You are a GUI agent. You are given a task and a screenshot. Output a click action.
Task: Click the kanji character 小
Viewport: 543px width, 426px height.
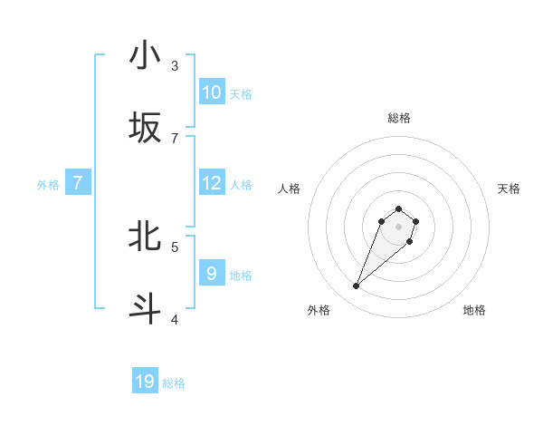point(145,56)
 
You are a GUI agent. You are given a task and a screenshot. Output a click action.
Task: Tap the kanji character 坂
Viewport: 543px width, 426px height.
point(145,128)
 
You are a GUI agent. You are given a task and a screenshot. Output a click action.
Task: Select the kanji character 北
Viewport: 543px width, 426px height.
point(145,237)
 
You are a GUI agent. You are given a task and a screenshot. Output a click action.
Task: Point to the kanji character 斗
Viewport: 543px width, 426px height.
point(145,309)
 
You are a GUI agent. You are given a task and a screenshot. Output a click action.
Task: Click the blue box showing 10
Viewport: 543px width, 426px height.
point(211,92)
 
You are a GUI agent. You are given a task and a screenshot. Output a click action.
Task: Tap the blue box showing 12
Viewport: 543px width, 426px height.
point(211,182)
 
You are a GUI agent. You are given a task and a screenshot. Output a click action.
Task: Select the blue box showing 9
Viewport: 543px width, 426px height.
point(211,273)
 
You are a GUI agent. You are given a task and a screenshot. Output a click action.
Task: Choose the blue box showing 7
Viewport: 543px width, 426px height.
point(78,182)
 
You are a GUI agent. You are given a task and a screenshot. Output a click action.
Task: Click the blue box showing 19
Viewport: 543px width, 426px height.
point(145,382)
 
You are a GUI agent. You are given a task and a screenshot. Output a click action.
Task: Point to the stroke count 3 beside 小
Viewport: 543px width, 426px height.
point(175,65)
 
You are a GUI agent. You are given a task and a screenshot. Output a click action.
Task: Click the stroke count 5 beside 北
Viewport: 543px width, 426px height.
point(175,246)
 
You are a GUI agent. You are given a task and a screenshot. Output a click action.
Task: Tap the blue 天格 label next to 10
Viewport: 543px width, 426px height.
point(241,94)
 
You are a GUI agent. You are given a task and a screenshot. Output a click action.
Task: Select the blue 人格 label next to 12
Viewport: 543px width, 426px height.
point(241,185)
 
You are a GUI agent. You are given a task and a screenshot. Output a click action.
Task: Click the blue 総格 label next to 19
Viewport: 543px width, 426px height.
point(174,384)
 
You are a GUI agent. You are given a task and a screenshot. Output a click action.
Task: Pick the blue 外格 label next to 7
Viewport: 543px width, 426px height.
point(48,185)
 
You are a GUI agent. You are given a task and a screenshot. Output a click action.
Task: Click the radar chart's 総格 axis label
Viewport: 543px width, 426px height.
point(398,119)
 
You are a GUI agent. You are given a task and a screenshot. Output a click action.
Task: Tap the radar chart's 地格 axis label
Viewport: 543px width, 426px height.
point(474,310)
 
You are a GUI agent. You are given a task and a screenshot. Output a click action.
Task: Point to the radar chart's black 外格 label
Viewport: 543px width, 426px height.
point(319,310)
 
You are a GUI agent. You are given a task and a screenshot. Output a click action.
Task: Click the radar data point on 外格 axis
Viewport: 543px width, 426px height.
point(357,286)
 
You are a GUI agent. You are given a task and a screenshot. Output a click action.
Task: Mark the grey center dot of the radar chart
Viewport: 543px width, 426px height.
point(398,226)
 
